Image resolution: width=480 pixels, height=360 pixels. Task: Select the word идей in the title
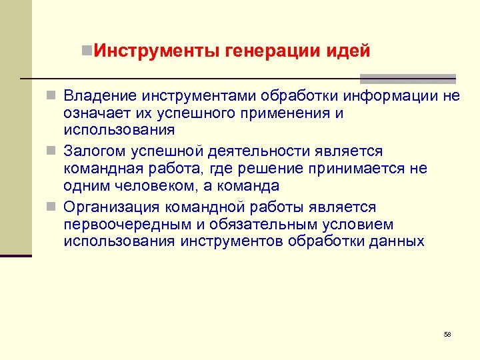click(x=349, y=51)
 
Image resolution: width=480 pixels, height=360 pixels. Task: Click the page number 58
click(x=447, y=334)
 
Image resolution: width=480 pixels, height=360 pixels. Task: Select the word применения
click(x=287, y=113)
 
